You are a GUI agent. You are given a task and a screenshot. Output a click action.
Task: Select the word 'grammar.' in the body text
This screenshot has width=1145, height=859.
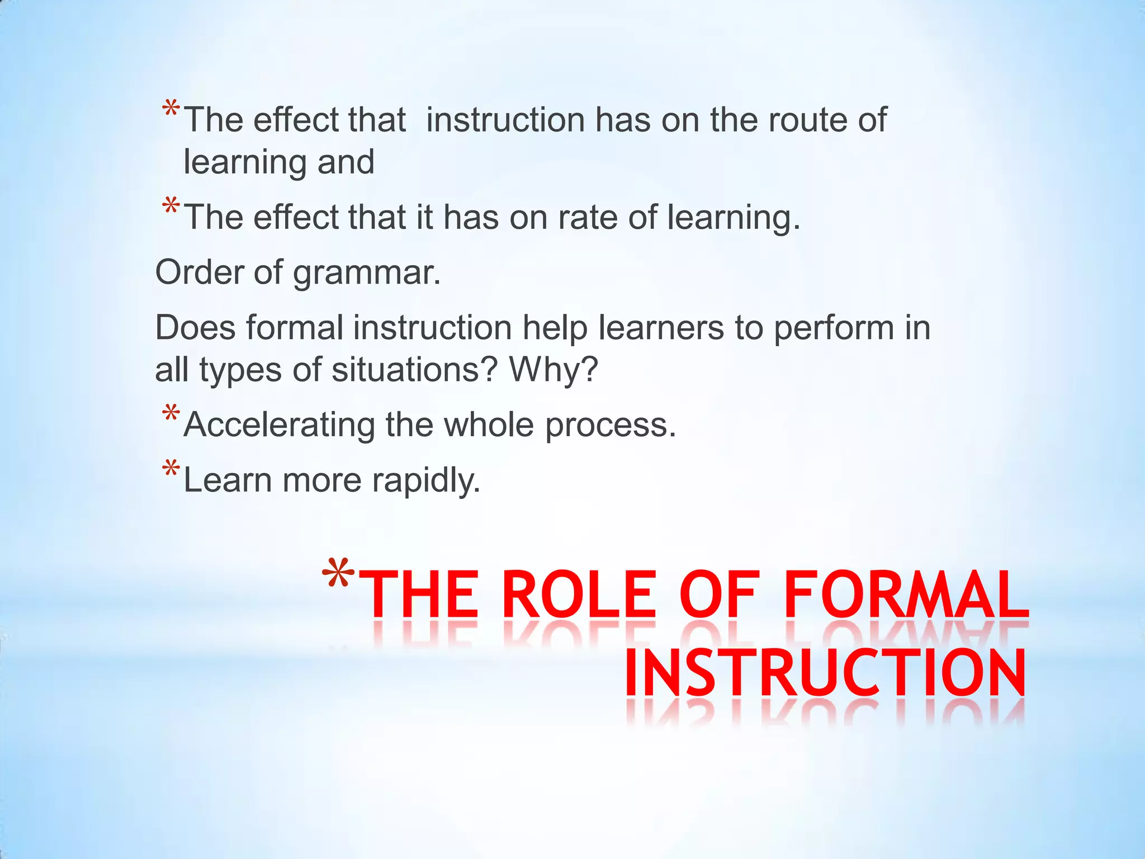(367, 273)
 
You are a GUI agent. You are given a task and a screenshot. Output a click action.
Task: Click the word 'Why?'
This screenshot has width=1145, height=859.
(553, 370)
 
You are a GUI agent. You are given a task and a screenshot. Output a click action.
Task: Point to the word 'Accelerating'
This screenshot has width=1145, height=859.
(279, 425)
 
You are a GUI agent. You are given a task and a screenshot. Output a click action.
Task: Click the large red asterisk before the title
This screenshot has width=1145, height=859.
(339, 576)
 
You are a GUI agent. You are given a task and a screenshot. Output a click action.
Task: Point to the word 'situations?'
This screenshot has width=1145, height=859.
(414, 370)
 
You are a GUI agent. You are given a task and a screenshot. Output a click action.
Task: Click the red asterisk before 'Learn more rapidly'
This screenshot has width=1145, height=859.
(171, 470)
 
